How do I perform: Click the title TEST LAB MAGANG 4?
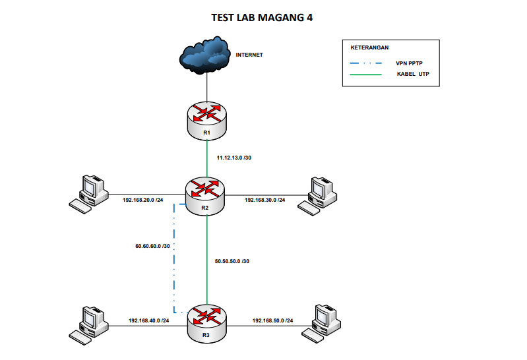click(x=262, y=18)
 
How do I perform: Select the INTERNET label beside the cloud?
click(x=249, y=55)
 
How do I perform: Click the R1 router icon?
click(x=206, y=116)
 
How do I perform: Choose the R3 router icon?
click(x=206, y=318)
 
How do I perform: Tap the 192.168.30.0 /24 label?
click(x=266, y=199)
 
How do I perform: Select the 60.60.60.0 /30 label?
click(x=152, y=246)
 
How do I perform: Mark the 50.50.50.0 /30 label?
click(x=232, y=261)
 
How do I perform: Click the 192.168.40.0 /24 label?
click(x=149, y=320)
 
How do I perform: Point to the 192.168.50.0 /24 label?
click(x=273, y=320)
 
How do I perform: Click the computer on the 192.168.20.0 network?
click(x=89, y=193)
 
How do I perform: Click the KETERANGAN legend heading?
click(x=369, y=48)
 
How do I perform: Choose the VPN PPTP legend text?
click(x=410, y=63)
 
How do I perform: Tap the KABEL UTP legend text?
click(x=414, y=74)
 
